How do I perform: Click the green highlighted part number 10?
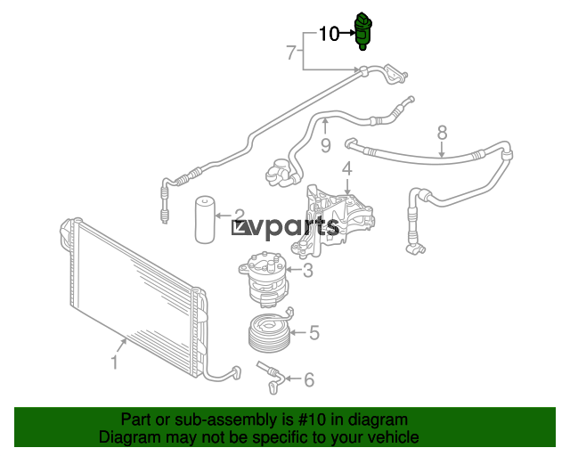pyautogui.click(x=362, y=31)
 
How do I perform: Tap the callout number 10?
pyautogui.click(x=329, y=34)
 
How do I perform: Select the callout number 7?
pyautogui.click(x=291, y=53)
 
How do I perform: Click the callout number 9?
pyautogui.click(x=326, y=146)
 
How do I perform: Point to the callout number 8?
pyautogui.click(x=442, y=133)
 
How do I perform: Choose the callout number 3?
pyautogui.click(x=308, y=271)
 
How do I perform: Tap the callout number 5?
pyautogui.click(x=314, y=333)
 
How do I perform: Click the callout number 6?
pyautogui.click(x=309, y=379)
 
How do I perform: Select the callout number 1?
pyautogui.click(x=114, y=362)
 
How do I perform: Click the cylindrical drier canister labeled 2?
pyautogui.click(x=205, y=220)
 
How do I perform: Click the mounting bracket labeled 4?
pyautogui.click(x=332, y=222)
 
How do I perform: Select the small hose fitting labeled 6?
pyautogui.click(x=271, y=377)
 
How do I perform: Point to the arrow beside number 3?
pyautogui.click(x=294, y=270)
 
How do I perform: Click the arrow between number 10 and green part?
pyautogui.click(x=347, y=33)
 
